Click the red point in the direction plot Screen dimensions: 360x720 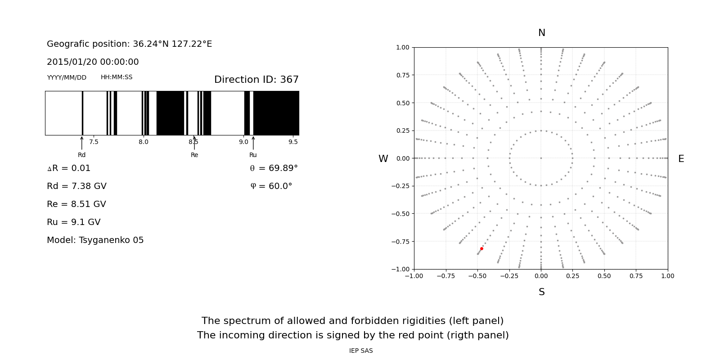click(481, 248)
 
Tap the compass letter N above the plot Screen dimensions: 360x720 click(542, 33)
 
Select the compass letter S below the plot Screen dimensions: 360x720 click(542, 292)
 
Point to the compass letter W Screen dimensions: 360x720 click(383, 159)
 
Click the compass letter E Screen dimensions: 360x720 click(681, 159)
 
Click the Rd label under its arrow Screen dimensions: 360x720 click(81, 155)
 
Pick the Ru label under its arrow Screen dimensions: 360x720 click(253, 155)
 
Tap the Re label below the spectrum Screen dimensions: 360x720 click(194, 155)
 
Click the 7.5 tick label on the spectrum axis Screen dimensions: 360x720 click(94, 142)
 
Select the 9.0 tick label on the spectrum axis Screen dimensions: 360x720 click(243, 142)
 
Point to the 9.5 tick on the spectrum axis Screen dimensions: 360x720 click(293, 142)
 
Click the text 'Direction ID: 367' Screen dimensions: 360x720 click(256, 80)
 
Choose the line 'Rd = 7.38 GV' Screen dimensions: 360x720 click(76, 186)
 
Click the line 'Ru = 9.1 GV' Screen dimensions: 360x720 click(73, 222)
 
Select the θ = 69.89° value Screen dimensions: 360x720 click(274, 168)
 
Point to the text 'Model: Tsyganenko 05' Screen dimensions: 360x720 click(95, 240)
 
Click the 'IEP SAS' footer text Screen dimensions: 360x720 click(361, 351)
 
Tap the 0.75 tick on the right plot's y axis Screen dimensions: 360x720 click(402, 75)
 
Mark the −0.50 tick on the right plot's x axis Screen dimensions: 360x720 click(477, 276)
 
